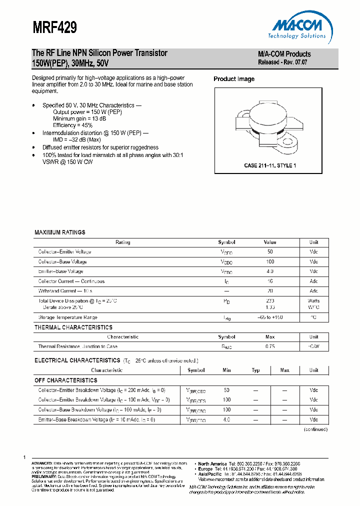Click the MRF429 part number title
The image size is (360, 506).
[54, 27]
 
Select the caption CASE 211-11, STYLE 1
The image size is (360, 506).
[270, 165]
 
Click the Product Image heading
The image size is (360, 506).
[234, 79]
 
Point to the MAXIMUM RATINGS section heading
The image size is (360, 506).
[59, 232]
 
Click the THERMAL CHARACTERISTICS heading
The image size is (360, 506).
[73, 327]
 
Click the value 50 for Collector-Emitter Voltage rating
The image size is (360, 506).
[270, 252]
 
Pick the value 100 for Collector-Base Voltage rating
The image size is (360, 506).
[270, 262]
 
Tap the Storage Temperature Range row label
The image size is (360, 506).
[67, 317]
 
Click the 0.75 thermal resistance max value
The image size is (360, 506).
[270, 346]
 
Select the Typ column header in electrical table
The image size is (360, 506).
[255, 370]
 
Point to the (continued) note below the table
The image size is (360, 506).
[315, 429]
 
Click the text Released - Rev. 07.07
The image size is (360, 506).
[282, 62]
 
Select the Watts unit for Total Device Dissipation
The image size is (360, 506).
[313, 301]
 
